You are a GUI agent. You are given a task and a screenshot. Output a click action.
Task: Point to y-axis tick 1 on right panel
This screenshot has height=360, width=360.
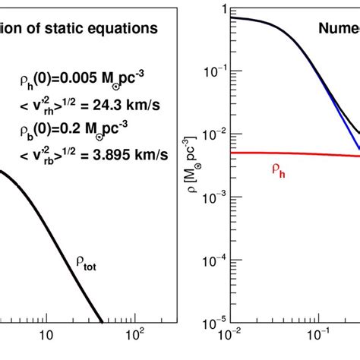(x=221, y=10)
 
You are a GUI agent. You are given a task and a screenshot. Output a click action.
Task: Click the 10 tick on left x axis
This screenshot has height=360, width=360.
(x=47, y=335)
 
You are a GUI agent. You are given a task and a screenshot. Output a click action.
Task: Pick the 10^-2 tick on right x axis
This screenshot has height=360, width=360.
(x=231, y=334)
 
